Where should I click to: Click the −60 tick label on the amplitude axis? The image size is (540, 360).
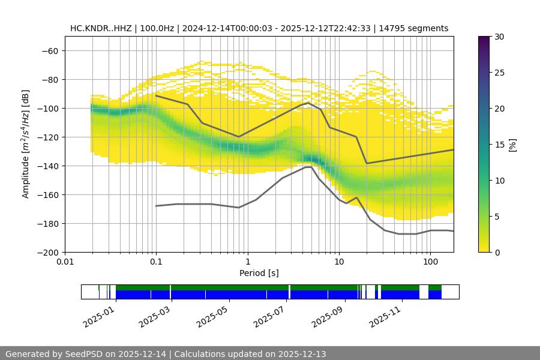(x=49, y=50)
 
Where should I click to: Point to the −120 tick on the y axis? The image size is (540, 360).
(x=47, y=137)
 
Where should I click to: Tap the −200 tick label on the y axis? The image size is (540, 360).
(x=47, y=252)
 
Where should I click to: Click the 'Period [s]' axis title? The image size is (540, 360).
(x=259, y=273)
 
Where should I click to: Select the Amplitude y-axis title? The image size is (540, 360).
(x=26, y=144)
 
